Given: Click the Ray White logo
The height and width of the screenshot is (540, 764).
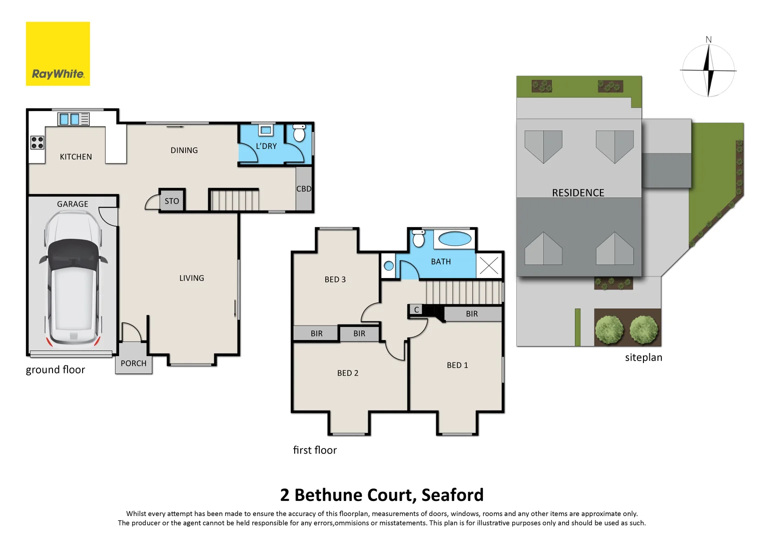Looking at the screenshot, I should [58, 54].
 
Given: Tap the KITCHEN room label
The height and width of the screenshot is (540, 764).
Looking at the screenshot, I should [76, 157].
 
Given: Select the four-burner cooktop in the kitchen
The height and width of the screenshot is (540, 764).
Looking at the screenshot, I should [38, 142].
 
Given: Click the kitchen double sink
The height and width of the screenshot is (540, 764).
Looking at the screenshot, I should [69, 119].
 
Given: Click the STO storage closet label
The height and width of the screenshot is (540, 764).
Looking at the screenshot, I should [172, 201].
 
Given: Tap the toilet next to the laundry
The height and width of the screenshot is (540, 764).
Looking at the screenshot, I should [299, 133].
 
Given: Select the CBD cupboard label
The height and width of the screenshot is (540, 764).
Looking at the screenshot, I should [304, 189].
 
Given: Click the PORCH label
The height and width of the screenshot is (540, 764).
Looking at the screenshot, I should [134, 363].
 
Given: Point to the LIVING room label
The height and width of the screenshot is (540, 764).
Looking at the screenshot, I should [192, 278].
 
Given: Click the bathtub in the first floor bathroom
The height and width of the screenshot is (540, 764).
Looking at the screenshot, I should [455, 239].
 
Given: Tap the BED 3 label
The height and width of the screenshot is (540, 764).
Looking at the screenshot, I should [335, 279].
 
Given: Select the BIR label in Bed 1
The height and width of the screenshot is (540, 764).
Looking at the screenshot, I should [472, 314].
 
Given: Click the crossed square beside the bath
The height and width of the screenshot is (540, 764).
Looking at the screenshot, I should [489, 265].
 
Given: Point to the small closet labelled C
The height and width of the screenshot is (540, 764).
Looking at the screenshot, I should [416, 310].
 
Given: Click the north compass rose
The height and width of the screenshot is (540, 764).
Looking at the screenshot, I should [708, 69].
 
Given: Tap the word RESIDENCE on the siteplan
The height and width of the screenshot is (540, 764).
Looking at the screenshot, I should [578, 193].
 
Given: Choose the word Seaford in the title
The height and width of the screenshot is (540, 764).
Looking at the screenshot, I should [452, 495].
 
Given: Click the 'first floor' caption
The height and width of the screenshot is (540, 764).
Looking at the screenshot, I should [315, 450].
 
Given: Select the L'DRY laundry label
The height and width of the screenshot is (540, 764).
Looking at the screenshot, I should [266, 146].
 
